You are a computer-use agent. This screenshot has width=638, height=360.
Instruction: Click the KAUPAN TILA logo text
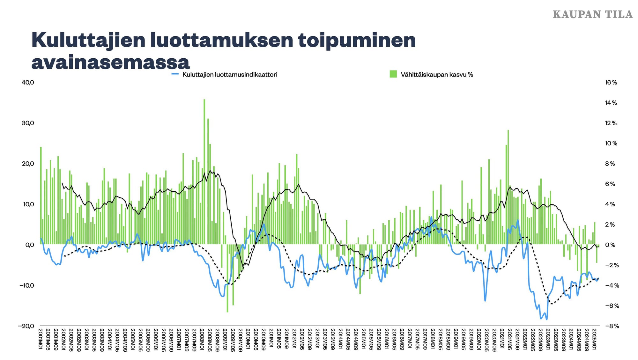pyautogui.click(x=592, y=15)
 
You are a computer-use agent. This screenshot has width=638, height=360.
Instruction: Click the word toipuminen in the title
pyautogui.click(x=357, y=40)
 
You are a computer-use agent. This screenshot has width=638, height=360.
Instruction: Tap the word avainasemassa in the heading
pyautogui.click(x=110, y=62)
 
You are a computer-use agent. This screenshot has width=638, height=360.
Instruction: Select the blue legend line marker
pyautogui.click(x=175, y=74)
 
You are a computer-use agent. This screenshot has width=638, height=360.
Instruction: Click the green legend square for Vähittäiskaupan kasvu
pyautogui.click(x=393, y=74)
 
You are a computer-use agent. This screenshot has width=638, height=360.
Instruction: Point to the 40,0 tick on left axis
pyautogui.click(x=28, y=83)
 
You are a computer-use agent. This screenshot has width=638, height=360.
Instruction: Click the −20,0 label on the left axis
pyautogui.click(x=26, y=326)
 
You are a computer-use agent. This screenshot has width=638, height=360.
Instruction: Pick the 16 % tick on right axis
pyautogui.click(x=611, y=83)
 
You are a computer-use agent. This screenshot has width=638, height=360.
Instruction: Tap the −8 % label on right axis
pyautogui.click(x=612, y=326)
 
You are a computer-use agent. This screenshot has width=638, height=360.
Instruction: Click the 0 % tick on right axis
pyautogui.click(x=610, y=245)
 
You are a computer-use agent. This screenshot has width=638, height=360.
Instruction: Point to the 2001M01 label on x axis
pyautogui.click(x=41, y=340)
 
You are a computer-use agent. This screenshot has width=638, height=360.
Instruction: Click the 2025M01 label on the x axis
pyautogui.click(x=594, y=340)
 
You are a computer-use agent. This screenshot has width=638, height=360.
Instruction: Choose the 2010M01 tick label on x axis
pyautogui.click(x=248, y=340)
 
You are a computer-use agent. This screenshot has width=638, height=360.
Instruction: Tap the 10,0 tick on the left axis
pyautogui.click(x=28, y=204)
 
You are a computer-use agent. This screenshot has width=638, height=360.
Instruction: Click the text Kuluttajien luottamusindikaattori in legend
pyautogui.click(x=230, y=75)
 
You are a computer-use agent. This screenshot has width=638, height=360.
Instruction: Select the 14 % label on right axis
pyautogui.click(x=611, y=103)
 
